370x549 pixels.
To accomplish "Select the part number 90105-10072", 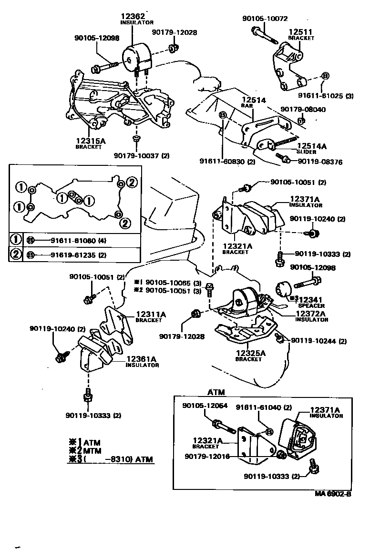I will click(265, 19).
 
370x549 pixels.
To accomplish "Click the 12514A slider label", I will click(312, 146).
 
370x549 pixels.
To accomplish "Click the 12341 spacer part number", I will click(311, 299).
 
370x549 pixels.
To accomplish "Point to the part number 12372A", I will click(310, 314).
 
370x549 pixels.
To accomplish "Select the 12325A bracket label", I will click(250, 353).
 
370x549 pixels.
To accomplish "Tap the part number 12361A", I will click(142, 359).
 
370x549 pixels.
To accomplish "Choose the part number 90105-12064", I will click(205, 406).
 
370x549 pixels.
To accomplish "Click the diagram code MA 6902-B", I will click(332, 494).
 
